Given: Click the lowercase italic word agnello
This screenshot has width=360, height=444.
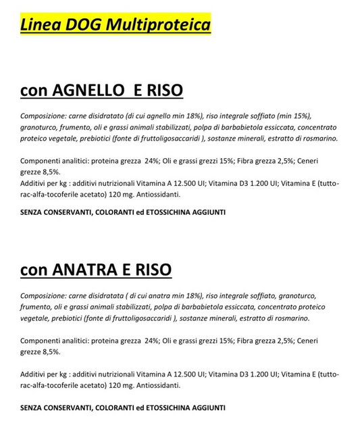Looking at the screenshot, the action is (x=164, y=115).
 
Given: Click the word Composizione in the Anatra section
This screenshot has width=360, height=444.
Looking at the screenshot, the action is (x=43, y=296).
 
